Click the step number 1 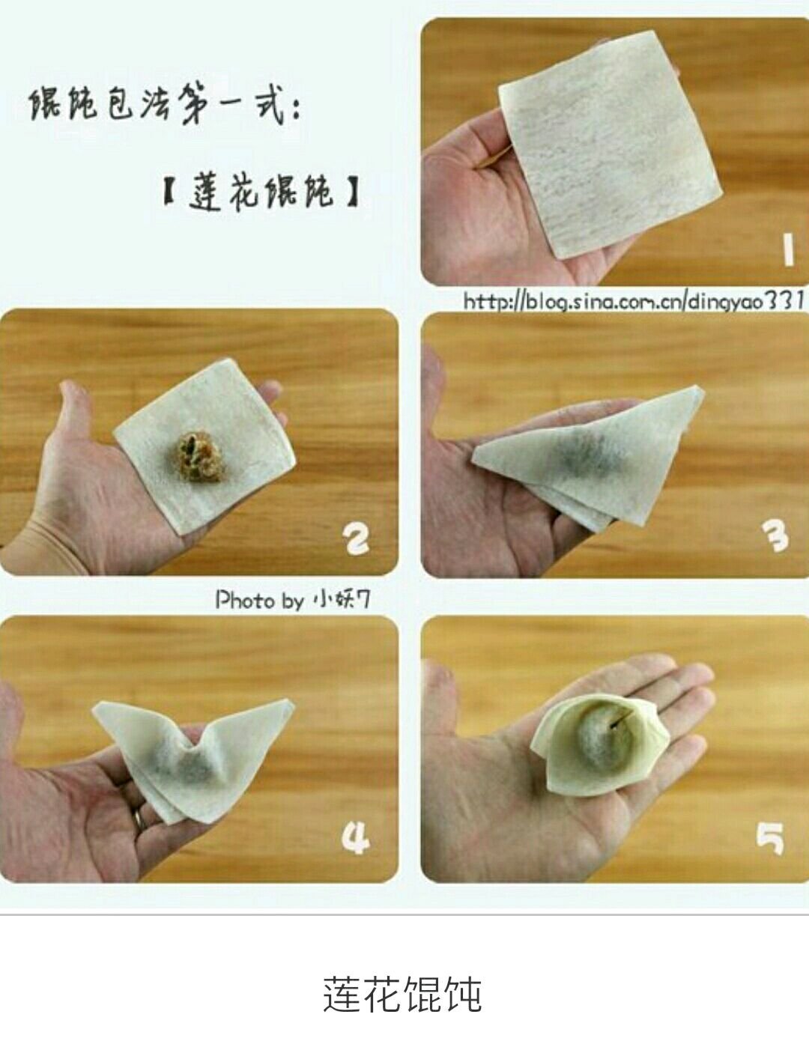(x=788, y=249)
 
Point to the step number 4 (x=355, y=839)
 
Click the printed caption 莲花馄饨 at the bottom (x=402, y=994)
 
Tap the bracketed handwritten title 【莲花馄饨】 (x=261, y=194)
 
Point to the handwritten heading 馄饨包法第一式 (x=165, y=106)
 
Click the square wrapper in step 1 (x=610, y=145)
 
